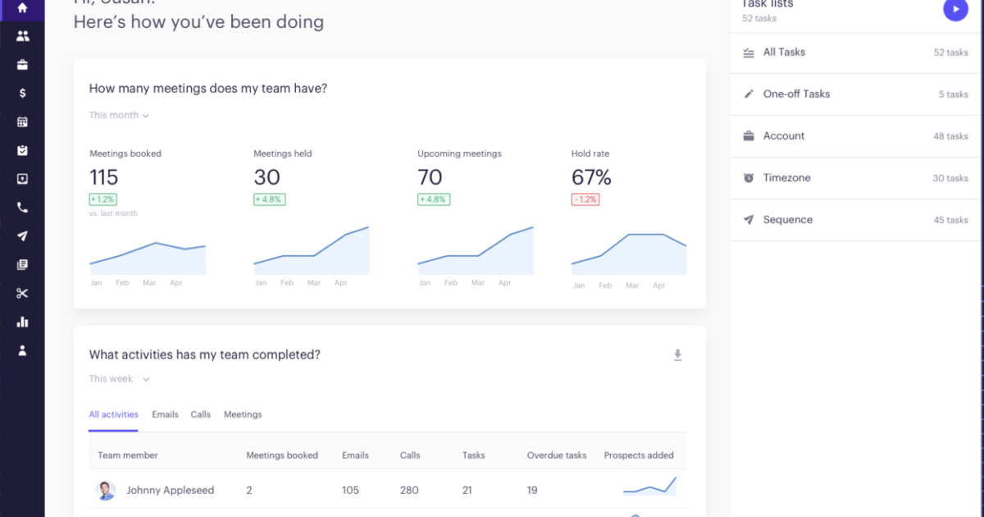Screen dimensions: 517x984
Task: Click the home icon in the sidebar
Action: tap(22, 8)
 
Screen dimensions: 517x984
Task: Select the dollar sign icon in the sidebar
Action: tap(22, 93)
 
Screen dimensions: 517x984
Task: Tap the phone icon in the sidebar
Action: tap(22, 208)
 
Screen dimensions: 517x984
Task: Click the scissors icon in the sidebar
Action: tap(22, 294)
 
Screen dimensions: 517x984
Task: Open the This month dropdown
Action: tap(119, 116)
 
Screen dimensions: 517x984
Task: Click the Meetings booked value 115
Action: tap(104, 177)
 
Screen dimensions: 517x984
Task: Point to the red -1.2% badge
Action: tap(585, 199)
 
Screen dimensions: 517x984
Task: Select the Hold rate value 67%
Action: tap(591, 177)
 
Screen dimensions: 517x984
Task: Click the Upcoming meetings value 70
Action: tap(430, 177)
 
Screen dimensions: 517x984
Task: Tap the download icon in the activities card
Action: tap(677, 355)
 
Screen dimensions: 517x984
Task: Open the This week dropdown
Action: tap(119, 379)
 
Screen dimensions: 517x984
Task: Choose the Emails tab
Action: tap(165, 414)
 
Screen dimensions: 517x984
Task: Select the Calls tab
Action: tap(201, 414)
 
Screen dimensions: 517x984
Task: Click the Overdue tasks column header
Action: tap(557, 455)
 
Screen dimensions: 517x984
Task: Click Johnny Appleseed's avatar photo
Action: tap(106, 491)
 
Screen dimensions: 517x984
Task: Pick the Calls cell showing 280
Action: tap(409, 491)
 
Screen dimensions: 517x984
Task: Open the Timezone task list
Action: tap(786, 178)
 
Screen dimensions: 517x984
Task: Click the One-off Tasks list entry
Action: tap(796, 94)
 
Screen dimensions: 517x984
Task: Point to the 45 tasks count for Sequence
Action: tap(950, 220)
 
